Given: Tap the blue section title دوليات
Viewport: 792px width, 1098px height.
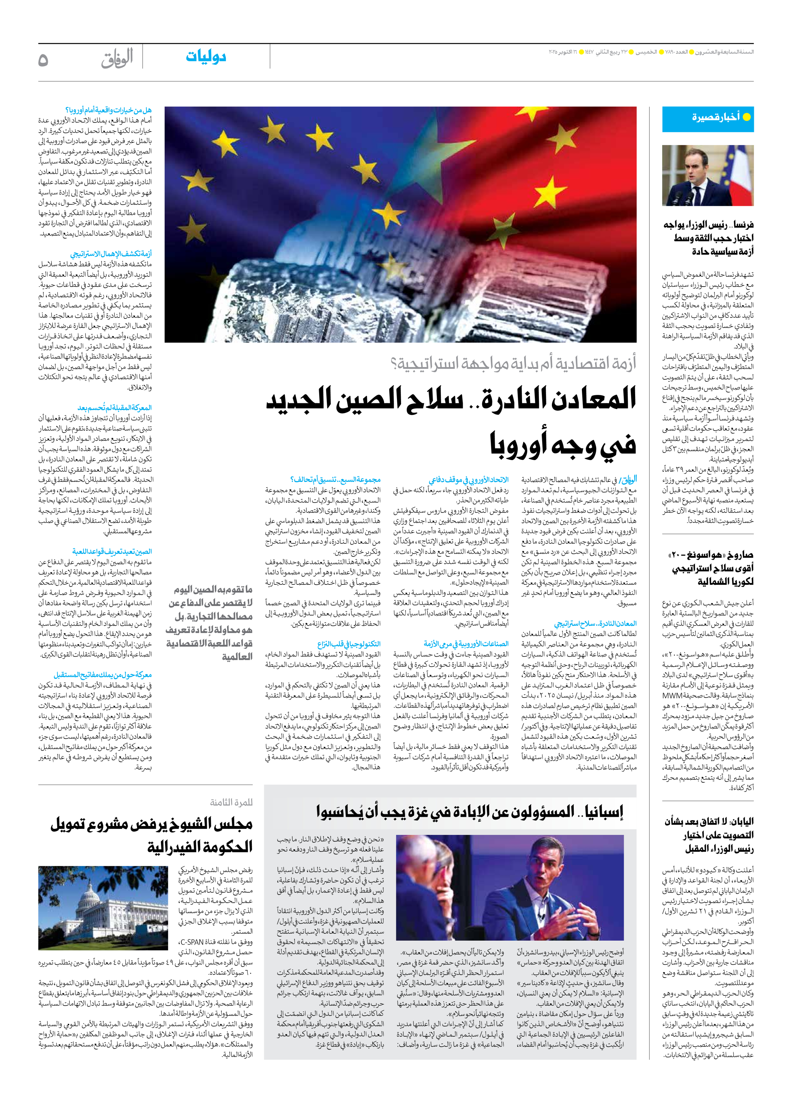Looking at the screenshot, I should [x=206, y=57].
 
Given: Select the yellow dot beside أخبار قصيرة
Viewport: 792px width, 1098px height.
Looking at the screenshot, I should [x=746, y=117].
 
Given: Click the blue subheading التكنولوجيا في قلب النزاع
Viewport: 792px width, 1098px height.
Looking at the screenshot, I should [x=349, y=644].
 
